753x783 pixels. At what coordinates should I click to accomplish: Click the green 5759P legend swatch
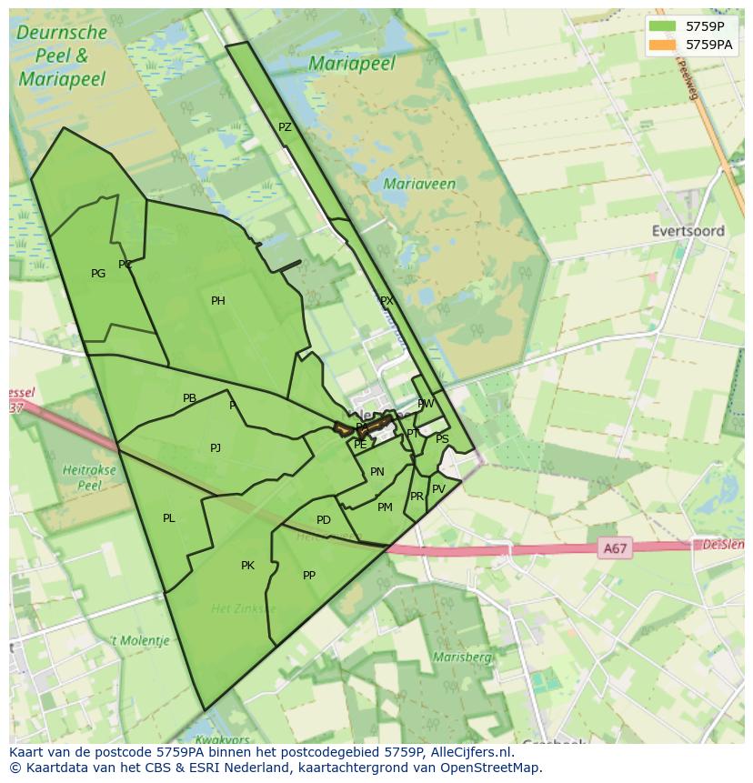point(663,26)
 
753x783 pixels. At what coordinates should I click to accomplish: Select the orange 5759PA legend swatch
point(663,45)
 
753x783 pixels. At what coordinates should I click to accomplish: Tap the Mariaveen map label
point(419,184)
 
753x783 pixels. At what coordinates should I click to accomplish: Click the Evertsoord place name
point(688,231)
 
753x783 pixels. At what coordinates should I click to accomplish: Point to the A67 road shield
point(616,548)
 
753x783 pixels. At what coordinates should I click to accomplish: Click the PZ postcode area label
point(285,127)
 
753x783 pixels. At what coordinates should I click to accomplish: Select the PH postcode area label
point(218,301)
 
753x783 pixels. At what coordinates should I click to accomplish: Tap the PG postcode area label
point(98,274)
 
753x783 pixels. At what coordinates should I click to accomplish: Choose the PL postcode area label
point(168,518)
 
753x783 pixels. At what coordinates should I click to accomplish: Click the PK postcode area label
point(247,566)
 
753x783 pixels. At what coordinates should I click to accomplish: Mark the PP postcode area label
point(309,576)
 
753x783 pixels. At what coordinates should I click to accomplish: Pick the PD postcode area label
point(323,520)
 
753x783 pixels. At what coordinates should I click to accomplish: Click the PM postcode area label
point(385,507)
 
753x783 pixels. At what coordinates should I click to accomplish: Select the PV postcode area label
point(438,489)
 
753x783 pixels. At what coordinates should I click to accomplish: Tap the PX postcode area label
point(387,301)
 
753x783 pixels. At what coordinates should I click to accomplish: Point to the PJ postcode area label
point(216,447)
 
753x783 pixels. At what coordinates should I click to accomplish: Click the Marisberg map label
point(462,657)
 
